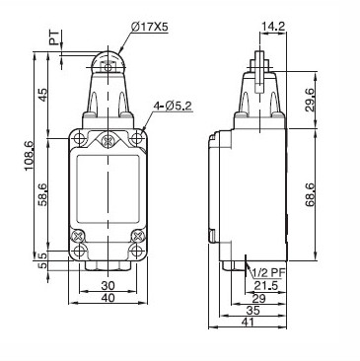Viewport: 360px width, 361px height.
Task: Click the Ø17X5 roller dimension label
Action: (x=149, y=28)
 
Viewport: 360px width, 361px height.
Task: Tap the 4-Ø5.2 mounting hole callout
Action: (x=173, y=106)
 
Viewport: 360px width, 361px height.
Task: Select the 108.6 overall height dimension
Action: (x=29, y=156)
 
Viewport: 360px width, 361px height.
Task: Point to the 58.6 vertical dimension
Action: (x=42, y=194)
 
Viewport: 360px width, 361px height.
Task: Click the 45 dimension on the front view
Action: (x=42, y=96)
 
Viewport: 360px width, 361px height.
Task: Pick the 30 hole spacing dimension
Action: (x=108, y=285)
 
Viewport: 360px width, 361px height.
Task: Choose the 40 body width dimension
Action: (x=108, y=298)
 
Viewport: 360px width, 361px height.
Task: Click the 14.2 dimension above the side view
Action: (x=272, y=26)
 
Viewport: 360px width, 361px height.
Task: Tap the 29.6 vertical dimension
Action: (x=310, y=100)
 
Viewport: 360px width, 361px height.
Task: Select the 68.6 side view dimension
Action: (x=310, y=194)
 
